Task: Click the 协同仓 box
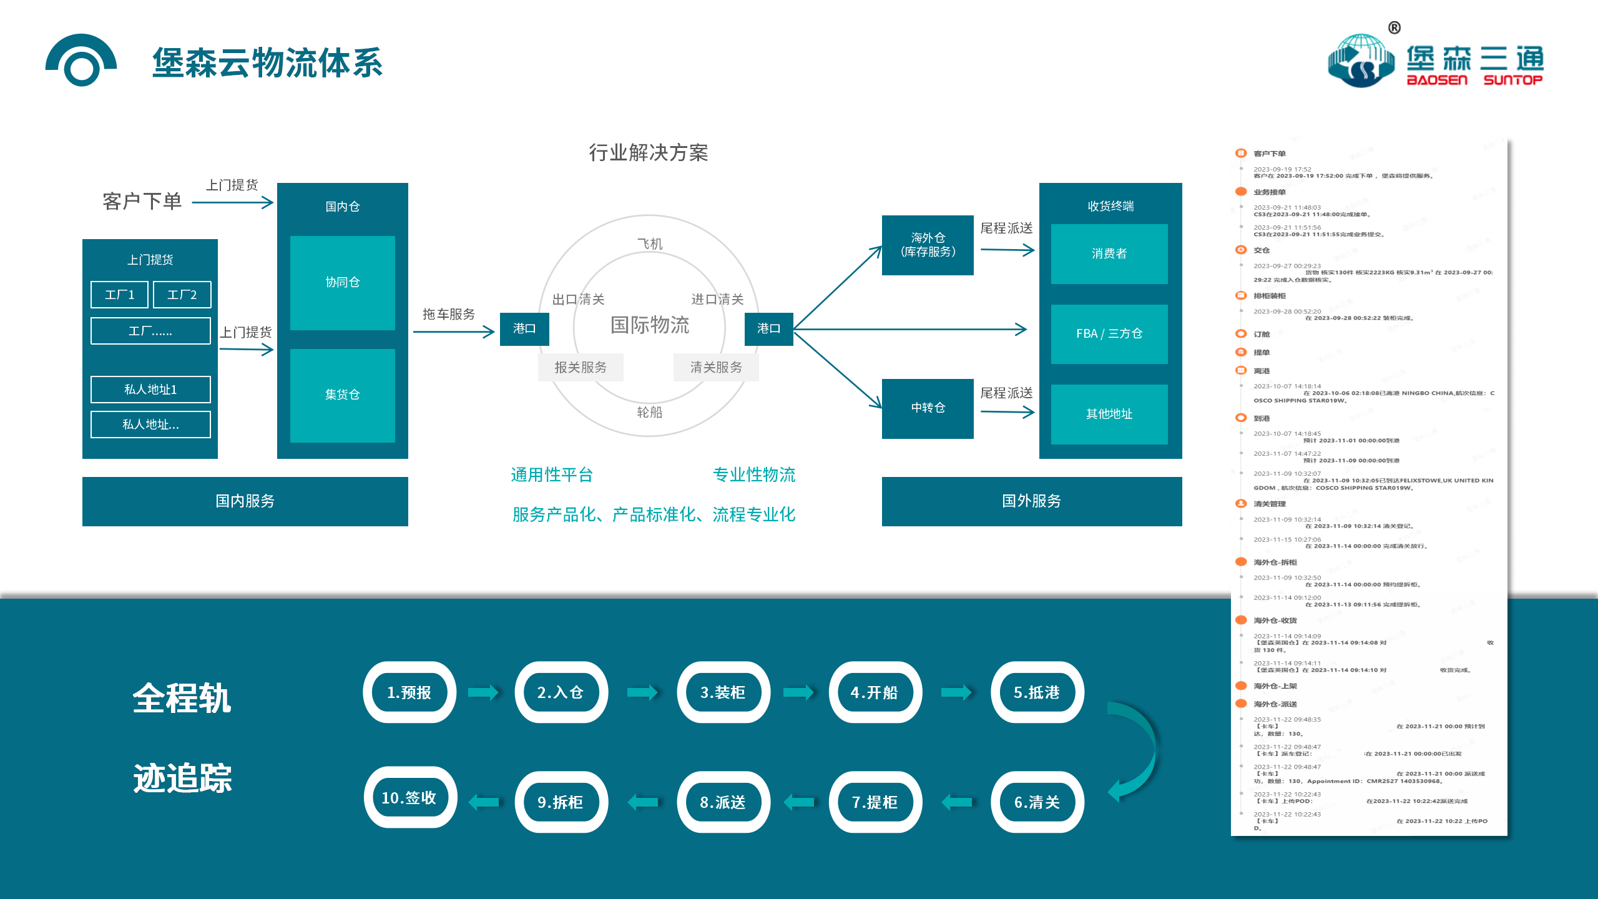tap(342, 282)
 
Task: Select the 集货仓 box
tap(342, 395)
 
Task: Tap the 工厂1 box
tap(119, 295)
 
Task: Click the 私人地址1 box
tap(150, 390)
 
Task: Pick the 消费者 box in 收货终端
tap(1109, 253)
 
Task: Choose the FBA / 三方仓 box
tap(1109, 334)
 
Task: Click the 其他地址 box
tap(1109, 414)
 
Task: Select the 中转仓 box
tap(928, 408)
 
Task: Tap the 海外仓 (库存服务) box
tap(928, 245)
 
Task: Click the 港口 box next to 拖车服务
tap(524, 328)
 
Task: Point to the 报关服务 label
tap(581, 367)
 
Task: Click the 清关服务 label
tap(716, 367)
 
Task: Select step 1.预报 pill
tap(409, 692)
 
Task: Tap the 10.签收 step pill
tap(409, 798)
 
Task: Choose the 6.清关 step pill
tap(1037, 802)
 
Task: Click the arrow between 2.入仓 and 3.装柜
tap(642, 692)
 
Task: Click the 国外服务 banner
tap(1031, 501)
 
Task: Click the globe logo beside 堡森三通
tap(1361, 62)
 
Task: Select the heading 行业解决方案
tap(649, 153)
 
